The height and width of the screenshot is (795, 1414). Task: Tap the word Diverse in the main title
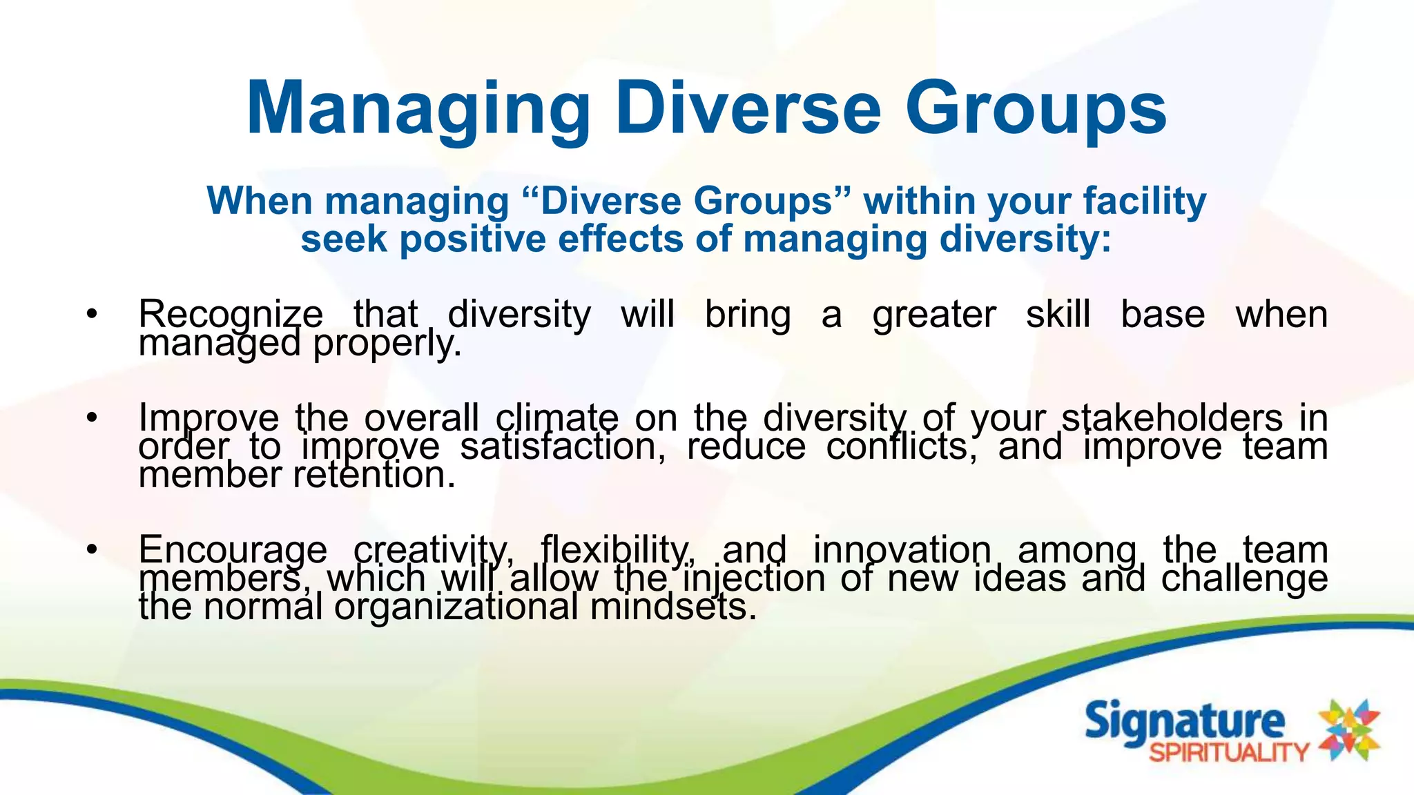point(748,109)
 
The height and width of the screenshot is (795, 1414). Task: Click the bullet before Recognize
point(92,315)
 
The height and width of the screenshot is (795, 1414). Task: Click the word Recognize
point(231,315)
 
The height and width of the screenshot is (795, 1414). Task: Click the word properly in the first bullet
point(387,343)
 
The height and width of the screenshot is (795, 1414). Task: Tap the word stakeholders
point(1172,418)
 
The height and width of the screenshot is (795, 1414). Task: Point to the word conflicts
point(902,446)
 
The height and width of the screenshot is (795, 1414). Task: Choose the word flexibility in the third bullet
point(616,550)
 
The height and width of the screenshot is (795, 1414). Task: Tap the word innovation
point(902,550)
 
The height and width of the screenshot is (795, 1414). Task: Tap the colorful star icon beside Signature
point(1349,730)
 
